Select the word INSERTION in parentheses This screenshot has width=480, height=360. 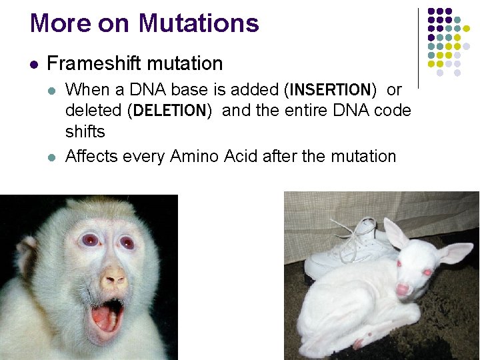[x=331, y=89]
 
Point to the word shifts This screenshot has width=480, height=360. [x=85, y=131]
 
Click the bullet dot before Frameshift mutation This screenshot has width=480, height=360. [x=33, y=65]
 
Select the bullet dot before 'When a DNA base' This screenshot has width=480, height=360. [x=53, y=90]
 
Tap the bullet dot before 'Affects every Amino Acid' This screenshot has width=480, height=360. [x=53, y=157]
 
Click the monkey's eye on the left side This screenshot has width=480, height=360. [x=89, y=241]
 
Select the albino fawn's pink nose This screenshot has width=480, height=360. [x=403, y=290]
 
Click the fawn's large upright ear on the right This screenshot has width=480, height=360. [x=455, y=253]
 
